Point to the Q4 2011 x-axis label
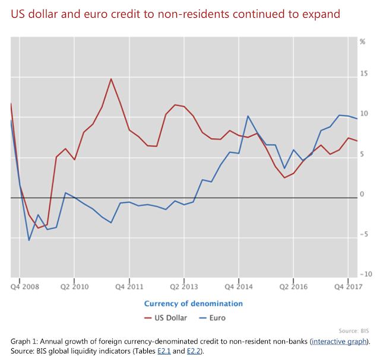click(129, 286)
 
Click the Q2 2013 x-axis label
click(183, 286)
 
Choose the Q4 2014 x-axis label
click(238, 286)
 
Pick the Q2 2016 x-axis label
click(293, 286)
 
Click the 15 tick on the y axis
click(363, 74)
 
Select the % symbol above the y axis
click(363, 42)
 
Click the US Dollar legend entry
click(166, 318)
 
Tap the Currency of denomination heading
click(194, 304)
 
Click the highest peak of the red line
click(111, 79)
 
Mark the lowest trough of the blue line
click(29, 240)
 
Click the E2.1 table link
click(159, 351)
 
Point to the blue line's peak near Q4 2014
click(248, 116)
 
